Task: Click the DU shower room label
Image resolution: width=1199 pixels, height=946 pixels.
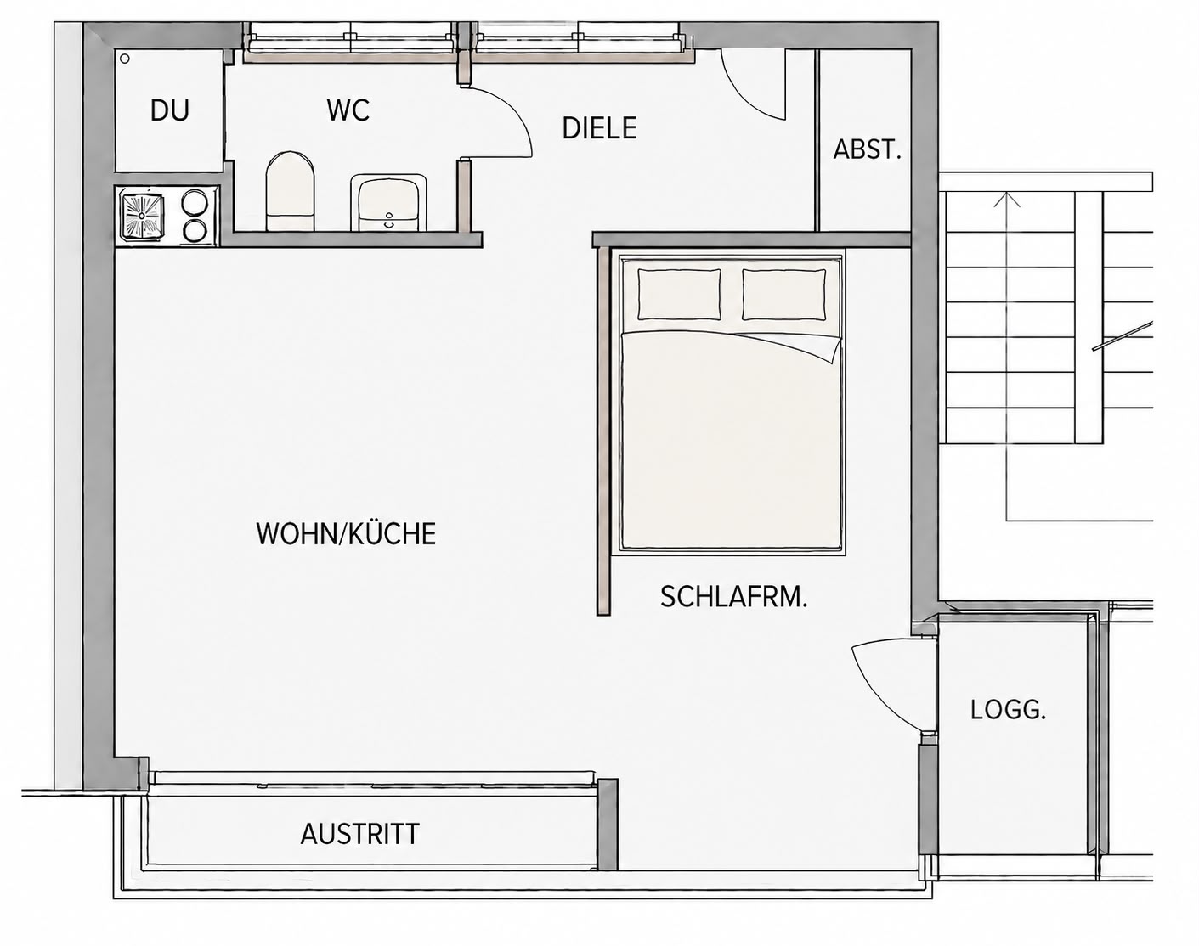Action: pyautogui.click(x=170, y=110)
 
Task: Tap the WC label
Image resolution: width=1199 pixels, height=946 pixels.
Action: pyautogui.click(x=348, y=110)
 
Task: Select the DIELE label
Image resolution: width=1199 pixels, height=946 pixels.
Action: pyautogui.click(x=600, y=128)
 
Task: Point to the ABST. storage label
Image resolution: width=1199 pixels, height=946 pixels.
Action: pyautogui.click(x=867, y=149)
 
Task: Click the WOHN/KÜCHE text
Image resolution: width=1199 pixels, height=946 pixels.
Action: pyautogui.click(x=346, y=533)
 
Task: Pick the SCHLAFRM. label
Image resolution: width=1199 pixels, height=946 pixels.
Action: pyautogui.click(x=734, y=597)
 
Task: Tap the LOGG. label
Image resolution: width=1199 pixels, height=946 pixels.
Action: pyautogui.click(x=1008, y=710)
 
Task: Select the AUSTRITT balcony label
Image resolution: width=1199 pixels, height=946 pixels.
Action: pyautogui.click(x=360, y=834)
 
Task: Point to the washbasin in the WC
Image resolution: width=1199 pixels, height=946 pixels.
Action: pyautogui.click(x=388, y=203)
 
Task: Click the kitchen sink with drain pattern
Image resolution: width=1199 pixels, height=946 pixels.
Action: pyautogui.click(x=144, y=216)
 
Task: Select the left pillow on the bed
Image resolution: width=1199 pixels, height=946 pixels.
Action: pyautogui.click(x=679, y=295)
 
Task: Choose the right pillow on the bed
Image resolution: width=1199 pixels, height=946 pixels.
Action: pyautogui.click(x=784, y=295)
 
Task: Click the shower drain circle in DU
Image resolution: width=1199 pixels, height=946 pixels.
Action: pyautogui.click(x=125, y=59)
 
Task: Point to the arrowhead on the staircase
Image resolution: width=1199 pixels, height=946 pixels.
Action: pyautogui.click(x=1007, y=200)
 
